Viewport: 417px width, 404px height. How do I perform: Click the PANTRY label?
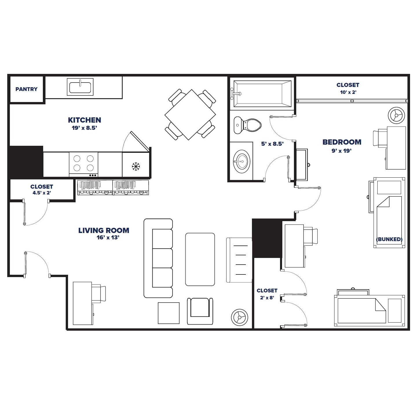pos(26,89)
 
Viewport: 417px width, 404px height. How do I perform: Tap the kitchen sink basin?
pos(80,87)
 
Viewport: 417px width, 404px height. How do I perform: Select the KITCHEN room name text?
pos(84,120)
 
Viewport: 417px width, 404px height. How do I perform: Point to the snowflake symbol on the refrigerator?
pos(136,166)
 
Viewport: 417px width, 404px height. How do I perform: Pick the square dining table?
pos(190,115)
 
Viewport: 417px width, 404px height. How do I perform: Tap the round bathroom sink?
pos(242,161)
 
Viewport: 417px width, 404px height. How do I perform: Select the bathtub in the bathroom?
pos(262,94)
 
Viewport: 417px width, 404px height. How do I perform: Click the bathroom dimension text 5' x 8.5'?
pos(272,144)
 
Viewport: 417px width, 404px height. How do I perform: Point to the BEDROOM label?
pos(342,142)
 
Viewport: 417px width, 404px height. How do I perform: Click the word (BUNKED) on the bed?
pos(389,239)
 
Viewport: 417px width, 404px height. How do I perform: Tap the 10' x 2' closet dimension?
pos(348,92)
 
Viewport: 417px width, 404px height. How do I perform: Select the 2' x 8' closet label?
pos(267,298)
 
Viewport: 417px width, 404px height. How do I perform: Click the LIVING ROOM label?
pos(104,230)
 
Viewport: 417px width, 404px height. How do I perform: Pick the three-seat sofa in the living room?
pos(158,258)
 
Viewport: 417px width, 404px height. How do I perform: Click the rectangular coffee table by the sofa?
pos(200,259)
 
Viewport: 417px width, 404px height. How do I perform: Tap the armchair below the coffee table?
pos(200,311)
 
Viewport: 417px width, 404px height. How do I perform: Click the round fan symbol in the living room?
pos(239,317)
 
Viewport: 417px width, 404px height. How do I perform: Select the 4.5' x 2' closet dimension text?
pos(42,193)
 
